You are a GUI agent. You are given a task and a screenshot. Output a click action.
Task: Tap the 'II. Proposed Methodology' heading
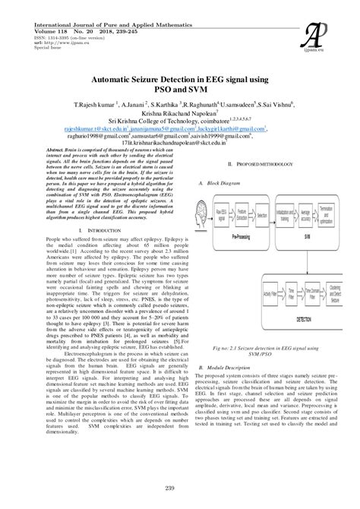[264, 164]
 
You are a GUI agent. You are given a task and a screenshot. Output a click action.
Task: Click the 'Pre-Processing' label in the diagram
[242, 236]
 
